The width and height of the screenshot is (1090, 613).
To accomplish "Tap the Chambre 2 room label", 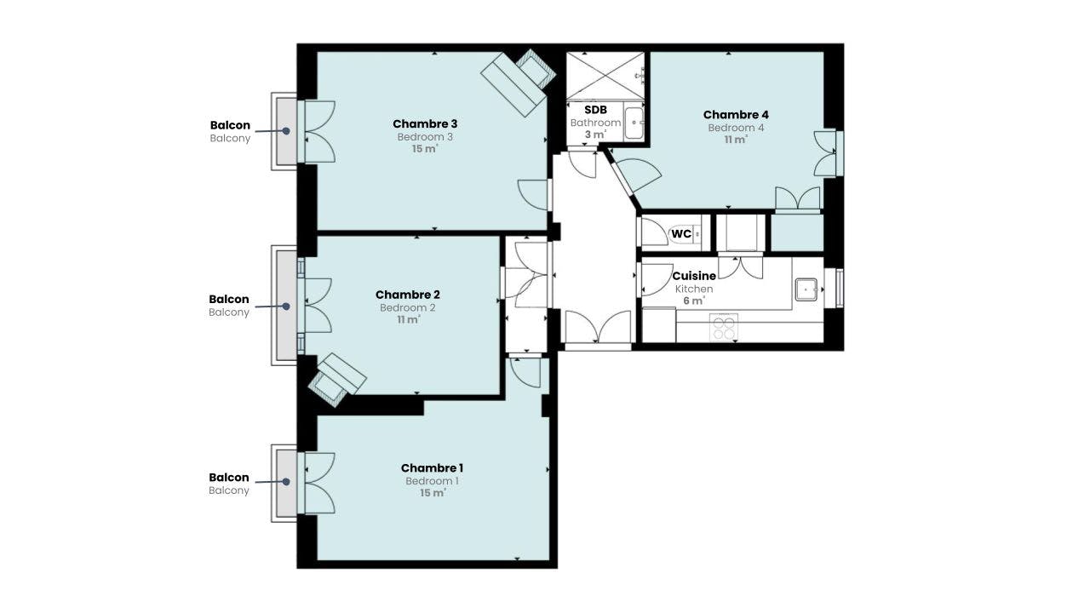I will coord(407,295).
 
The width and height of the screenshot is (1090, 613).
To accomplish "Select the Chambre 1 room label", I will coord(432,468).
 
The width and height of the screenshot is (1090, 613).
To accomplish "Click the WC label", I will coord(681,233).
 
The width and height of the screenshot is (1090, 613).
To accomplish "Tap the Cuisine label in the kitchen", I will coord(694,277).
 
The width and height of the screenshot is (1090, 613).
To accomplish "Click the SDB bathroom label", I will coord(595,110).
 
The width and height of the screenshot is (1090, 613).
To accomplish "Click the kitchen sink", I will coord(806,290).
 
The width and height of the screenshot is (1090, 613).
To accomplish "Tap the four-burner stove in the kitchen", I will coord(723,327).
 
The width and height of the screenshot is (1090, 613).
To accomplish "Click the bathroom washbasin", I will coord(634,123).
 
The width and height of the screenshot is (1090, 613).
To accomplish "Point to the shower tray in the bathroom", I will coord(605,75).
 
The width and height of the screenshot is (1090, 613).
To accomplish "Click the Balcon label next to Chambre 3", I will coord(230,125).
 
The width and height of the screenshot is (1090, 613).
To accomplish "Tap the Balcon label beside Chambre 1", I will coord(229,478).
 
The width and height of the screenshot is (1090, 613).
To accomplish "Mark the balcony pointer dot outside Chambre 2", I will coord(286,306).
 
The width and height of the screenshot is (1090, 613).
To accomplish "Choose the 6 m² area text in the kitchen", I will coord(693,301).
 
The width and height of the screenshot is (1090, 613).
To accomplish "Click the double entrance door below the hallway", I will coord(599,329).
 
